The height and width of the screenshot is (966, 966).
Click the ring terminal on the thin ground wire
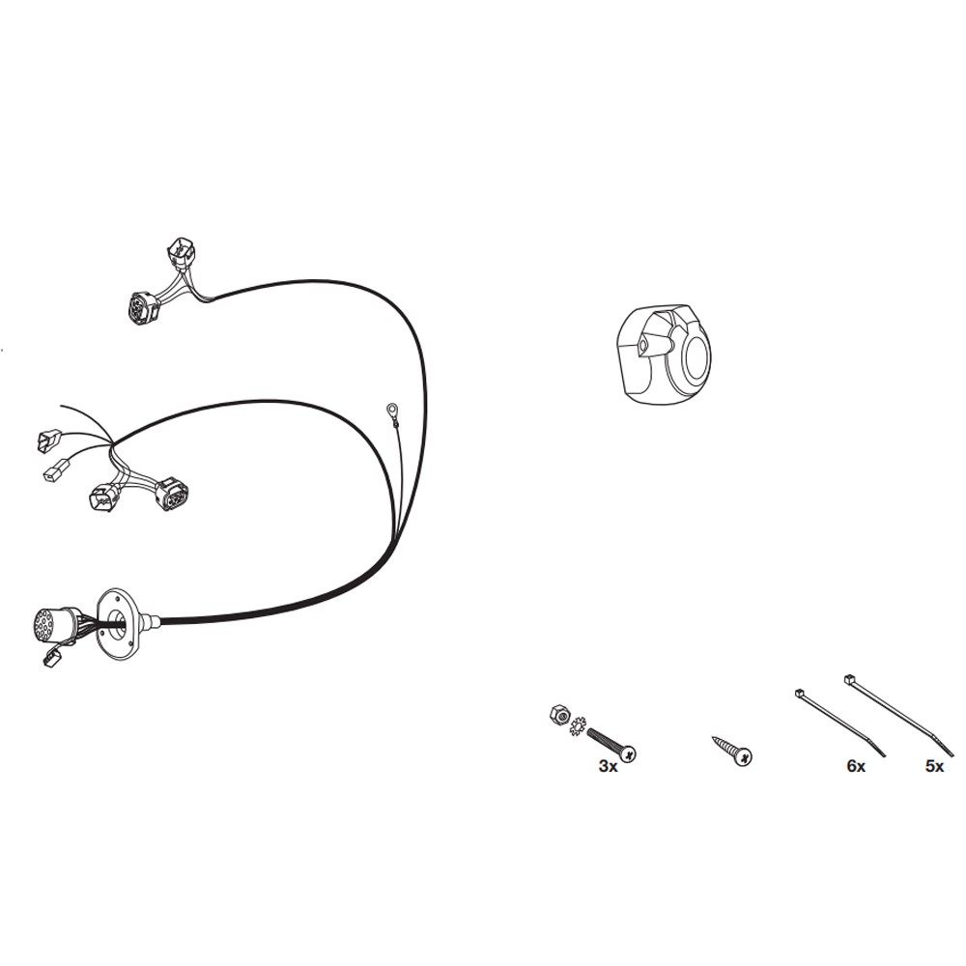[390, 408]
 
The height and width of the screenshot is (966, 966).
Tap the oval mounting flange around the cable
[118, 622]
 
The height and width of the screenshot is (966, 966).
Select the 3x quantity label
[608, 766]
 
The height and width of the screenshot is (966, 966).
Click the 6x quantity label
[856, 766]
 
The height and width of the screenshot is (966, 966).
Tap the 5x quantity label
[934, 766]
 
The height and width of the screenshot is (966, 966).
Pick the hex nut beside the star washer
[558, 715]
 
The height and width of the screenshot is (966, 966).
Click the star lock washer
[578, 725]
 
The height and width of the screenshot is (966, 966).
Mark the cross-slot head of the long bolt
[628, 753]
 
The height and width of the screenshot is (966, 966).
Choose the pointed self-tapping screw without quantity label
[732, 751]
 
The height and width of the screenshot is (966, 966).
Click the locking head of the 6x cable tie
[800, 693]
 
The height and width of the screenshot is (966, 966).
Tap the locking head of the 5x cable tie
[848, 679]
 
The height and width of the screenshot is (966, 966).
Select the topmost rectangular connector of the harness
[181, 253]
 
